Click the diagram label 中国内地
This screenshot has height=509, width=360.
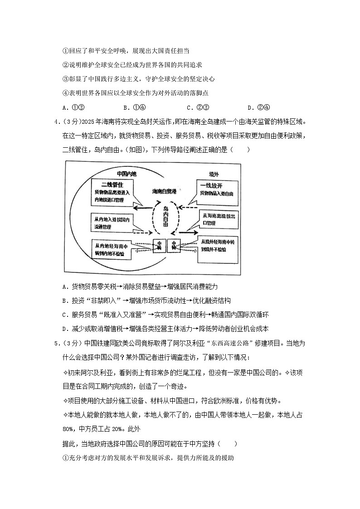tap(126, 173)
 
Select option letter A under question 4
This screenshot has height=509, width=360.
tap(65, 286)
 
